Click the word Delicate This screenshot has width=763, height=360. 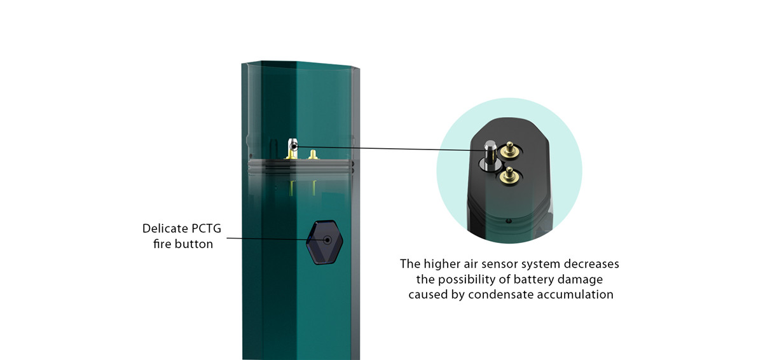tap(163, 228)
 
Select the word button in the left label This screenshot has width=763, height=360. tap(192, 244)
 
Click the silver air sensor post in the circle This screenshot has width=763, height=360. tap(490, 153)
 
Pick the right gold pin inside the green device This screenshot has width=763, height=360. tap(312, 154)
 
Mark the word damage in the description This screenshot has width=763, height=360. tap(582, 279)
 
